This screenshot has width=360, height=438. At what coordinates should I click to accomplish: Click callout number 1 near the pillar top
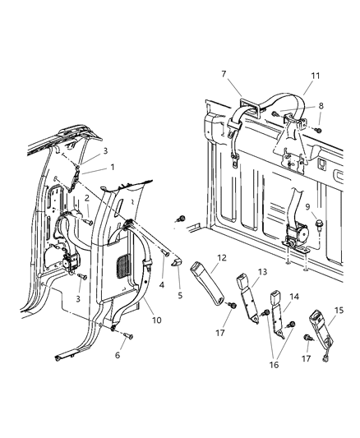pyautogui.click(x=113, y=168)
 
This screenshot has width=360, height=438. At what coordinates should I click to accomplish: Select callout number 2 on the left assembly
pyautogui.click(x=87, y=199)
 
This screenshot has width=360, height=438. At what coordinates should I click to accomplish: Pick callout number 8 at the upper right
pyautogui.click(x=321, y=106)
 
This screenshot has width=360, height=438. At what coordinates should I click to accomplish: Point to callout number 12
pyautogui.click(x=222, y=258)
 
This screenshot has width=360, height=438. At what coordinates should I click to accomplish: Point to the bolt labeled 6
pyautogui.click(x=103, y=334)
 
